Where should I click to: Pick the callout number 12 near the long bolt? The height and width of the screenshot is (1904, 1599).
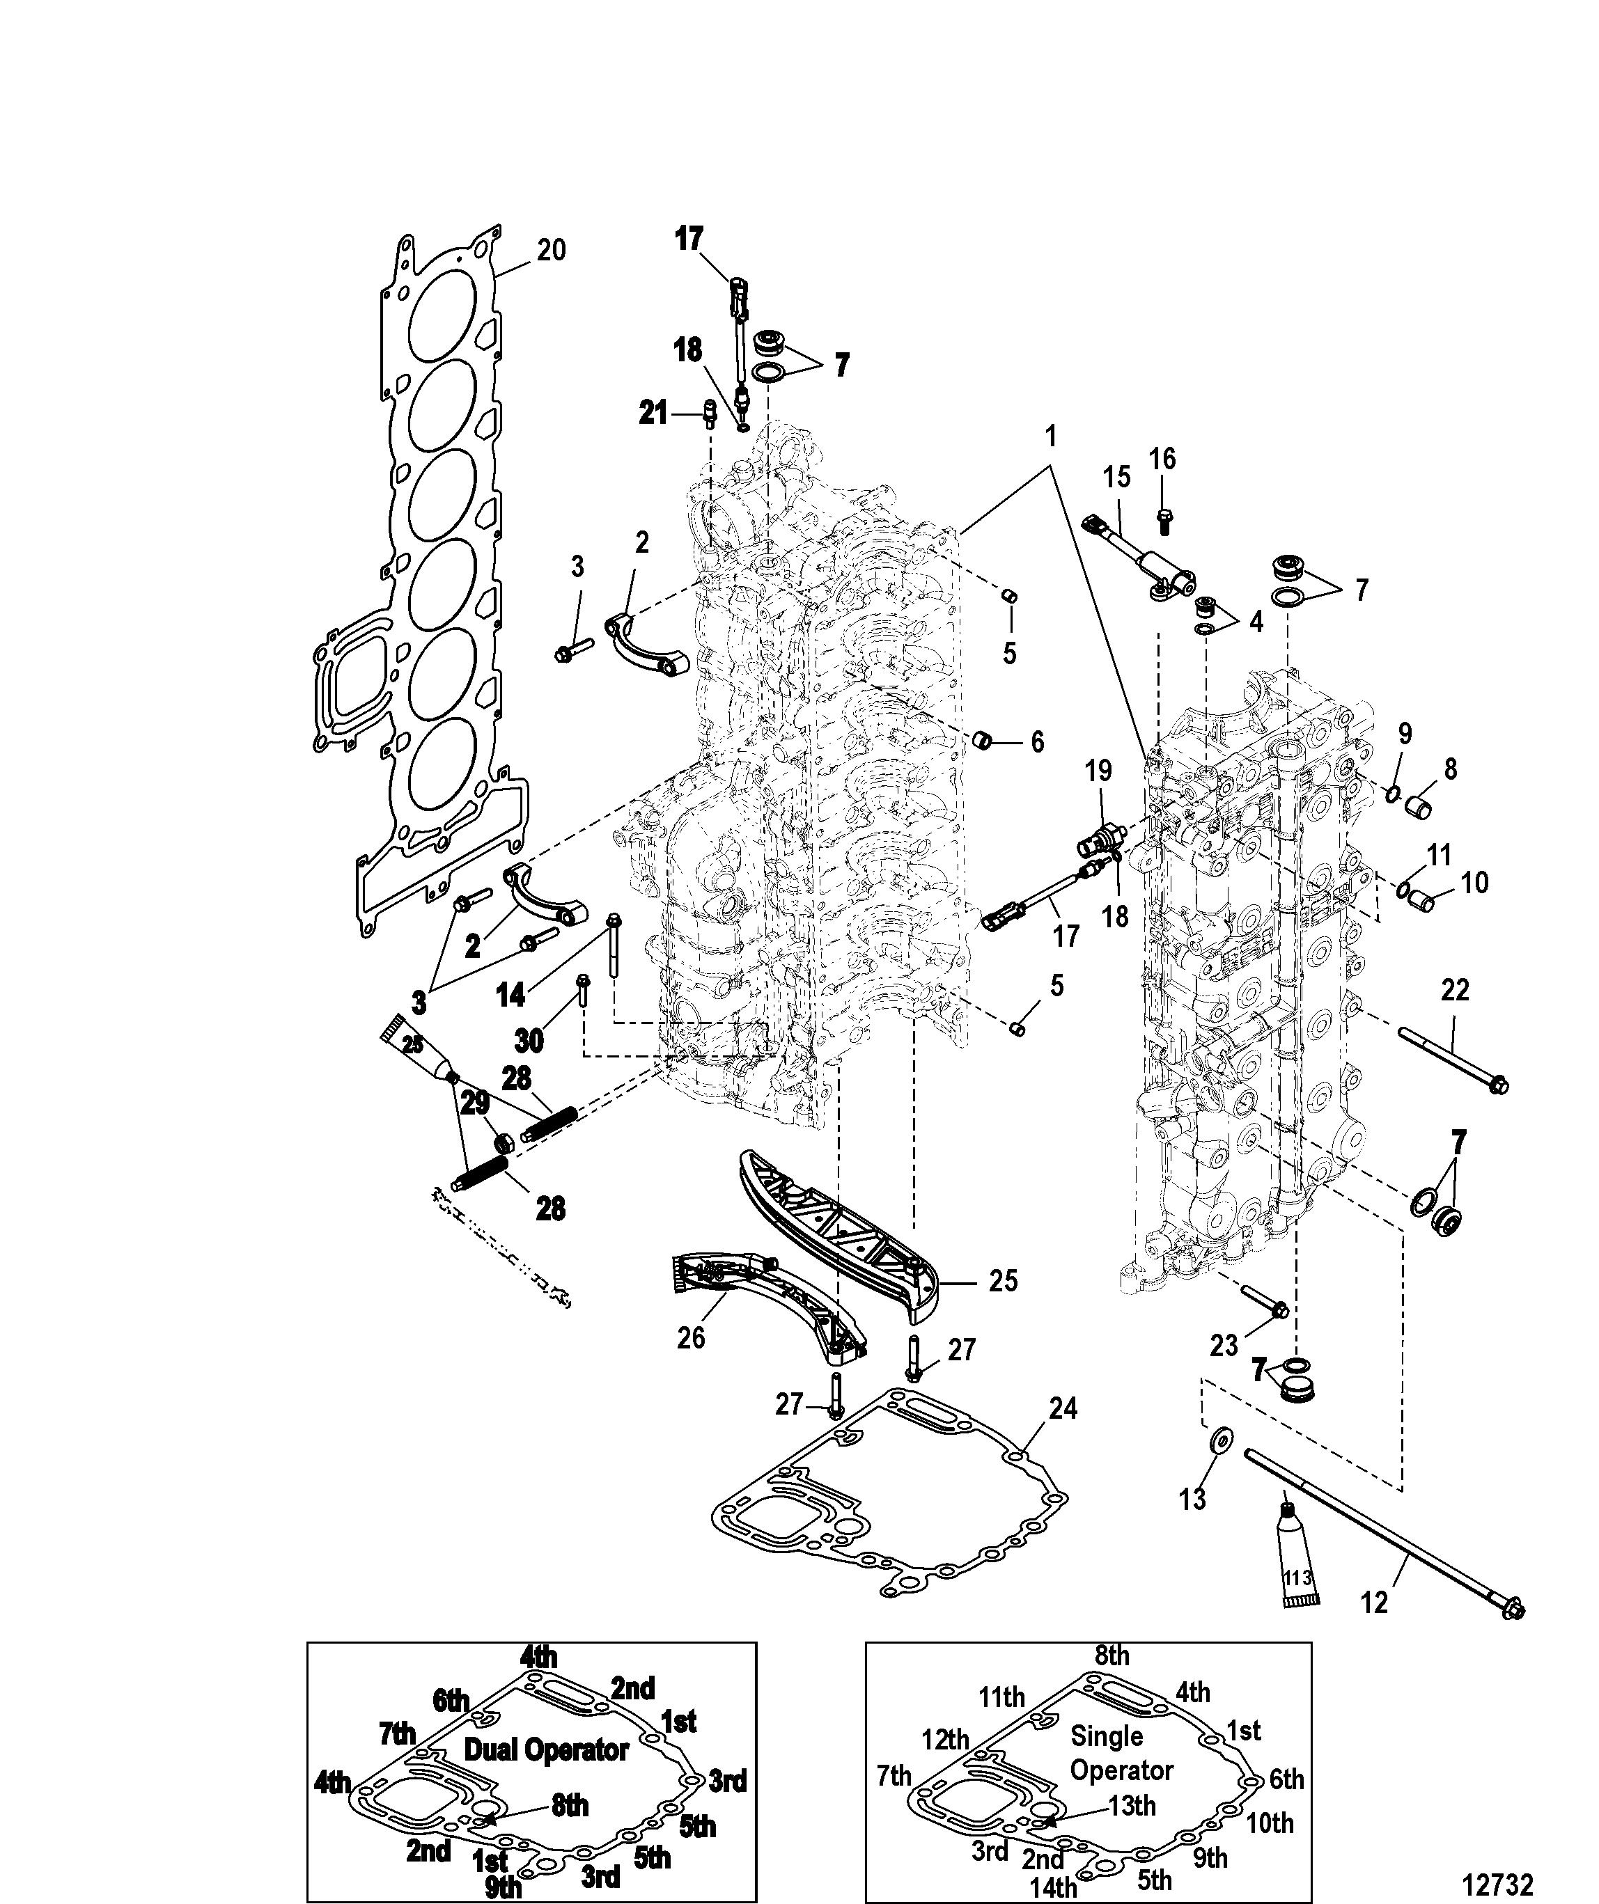[1375, 1603]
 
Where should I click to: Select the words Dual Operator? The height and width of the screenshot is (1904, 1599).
[546, 1750]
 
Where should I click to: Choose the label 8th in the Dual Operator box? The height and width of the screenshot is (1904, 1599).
[570, 1806]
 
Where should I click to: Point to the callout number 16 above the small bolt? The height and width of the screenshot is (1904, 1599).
[1163, 459]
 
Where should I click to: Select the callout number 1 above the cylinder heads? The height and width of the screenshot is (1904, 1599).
[1051, 437]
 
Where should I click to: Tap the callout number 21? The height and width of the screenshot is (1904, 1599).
[653, 414]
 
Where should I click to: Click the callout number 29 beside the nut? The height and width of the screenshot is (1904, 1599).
[475, 1103]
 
